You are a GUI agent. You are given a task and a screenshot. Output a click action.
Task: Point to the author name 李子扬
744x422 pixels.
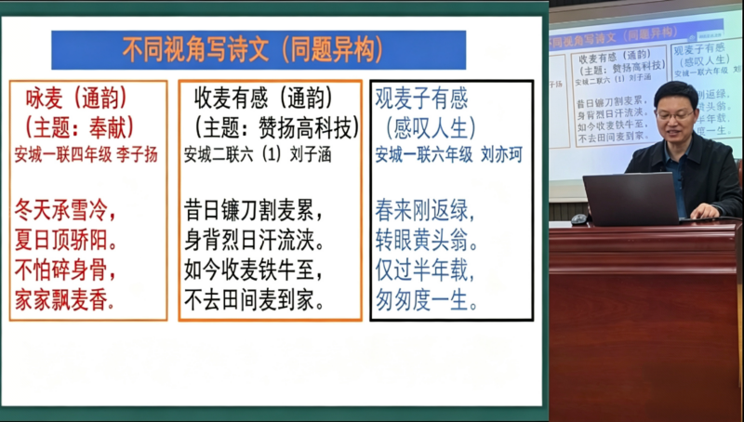click(x=137, y=154)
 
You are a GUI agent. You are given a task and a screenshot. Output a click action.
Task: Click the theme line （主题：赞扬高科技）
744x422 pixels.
click(x=269, y=125)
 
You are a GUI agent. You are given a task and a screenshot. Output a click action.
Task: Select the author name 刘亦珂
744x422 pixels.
click(x=501, y=154)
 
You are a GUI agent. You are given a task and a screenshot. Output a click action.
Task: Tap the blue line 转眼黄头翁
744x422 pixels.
click(x=427, y=241)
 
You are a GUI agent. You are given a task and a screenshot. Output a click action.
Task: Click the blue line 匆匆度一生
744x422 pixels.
click(x=427, y=301)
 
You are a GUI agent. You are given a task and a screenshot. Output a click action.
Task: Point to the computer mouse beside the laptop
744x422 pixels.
click(x=580, y=219)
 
